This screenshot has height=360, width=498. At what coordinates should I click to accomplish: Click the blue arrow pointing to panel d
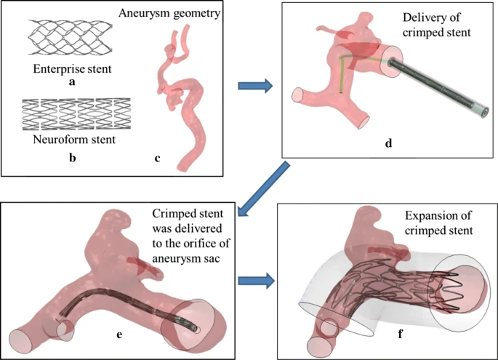point(255,87)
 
